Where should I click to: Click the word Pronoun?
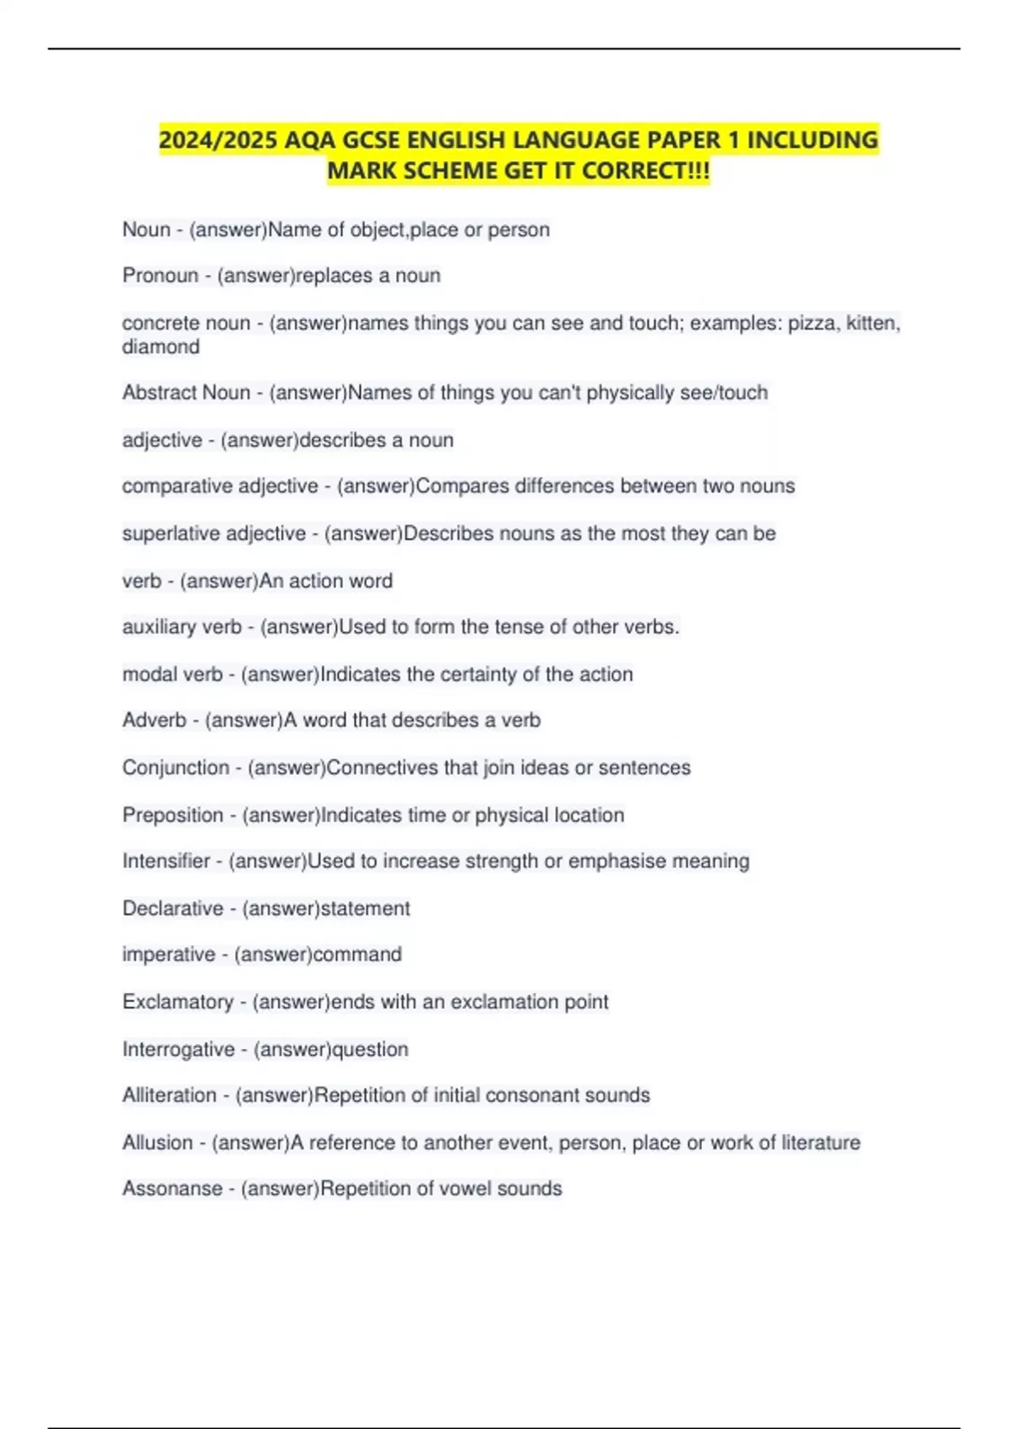pyautogui.click(x=160, y=276)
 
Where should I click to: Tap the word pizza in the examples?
pyautogui.click(x=811, y=323)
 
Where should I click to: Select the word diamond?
pyautogui.click(x=161, y=346)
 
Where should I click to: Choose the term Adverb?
pyautogui.click(x=154, y=720)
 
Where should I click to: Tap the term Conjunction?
pyautogui.click(x=175, y=767)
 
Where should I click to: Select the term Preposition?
pyautogui.click(x=172, y=815)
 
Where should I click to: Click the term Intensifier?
pyautogui.click(x=166, y=861)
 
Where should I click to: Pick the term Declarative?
pyautogui.click(x=172, y=909)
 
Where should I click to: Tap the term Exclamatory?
pyautogui.click(x=177, y=1002)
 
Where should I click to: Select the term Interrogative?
pyautogui.click(x=178, y=1050)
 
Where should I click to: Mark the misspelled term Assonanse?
pyautogui.click(x=172, y=1189)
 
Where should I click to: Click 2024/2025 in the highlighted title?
pyautogui.click(x=218, y=140)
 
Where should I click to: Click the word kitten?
pyautogui.click(x=873, y=323)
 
